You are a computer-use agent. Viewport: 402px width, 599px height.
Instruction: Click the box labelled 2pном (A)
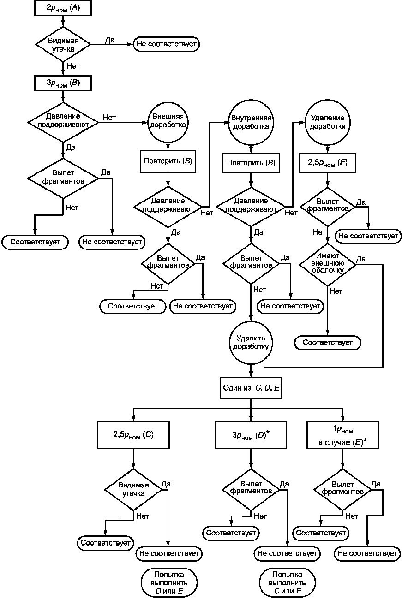pos(63,8)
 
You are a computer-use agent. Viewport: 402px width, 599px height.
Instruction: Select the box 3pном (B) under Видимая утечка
pos(63,83)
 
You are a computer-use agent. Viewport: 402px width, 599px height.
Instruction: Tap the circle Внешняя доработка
pos(168,122)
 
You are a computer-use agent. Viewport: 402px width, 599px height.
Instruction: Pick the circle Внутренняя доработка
pos(251,123)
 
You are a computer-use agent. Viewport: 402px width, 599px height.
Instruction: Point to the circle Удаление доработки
pos(327,123)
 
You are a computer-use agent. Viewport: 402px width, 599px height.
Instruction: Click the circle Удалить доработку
pos(251,343)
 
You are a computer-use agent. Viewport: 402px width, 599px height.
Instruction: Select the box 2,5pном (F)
pos(327,163)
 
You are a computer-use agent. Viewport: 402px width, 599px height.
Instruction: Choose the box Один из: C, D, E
pos(251,388)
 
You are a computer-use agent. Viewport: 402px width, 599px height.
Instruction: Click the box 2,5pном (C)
pos(133,435)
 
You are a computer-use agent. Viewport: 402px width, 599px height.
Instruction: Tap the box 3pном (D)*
pos(251,435)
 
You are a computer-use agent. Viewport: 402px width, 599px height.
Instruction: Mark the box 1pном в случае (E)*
pos(342,435)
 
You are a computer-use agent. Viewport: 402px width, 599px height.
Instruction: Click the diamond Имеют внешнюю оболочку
pos(328,264)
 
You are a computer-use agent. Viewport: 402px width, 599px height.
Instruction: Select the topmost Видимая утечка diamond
pos(63,44)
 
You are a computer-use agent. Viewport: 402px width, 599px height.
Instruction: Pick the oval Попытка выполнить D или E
pos(169,582)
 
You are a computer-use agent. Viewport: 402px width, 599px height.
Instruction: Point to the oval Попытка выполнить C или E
pos(288,582)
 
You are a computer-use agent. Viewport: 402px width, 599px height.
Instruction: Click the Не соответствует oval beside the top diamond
pos(167,44)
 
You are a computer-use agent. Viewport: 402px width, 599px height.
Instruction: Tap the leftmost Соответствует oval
pos(35,242)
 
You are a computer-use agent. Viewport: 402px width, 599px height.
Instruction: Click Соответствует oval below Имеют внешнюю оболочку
pos(328,343)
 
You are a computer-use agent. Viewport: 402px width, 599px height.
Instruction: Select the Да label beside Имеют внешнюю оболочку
pos(361,259)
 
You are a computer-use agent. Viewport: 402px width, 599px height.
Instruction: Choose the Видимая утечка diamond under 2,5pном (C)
pos(133,490)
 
